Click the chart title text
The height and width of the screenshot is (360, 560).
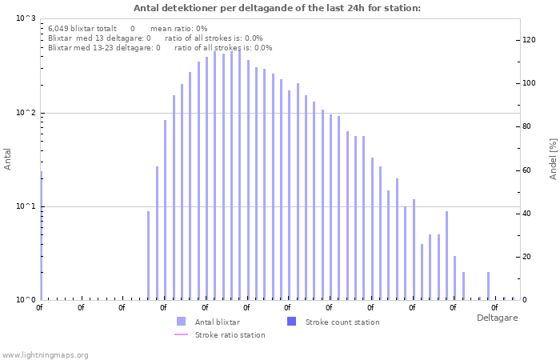[277, 8]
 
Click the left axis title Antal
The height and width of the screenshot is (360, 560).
[8, 159]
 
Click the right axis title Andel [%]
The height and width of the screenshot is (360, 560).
[553, 158]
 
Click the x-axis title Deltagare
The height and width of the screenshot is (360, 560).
[497, 318]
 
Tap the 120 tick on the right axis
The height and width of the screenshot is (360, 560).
[529, 40]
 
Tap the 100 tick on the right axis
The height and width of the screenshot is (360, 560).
[529, 83]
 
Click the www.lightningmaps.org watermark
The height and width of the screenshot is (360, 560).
[45, 354]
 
